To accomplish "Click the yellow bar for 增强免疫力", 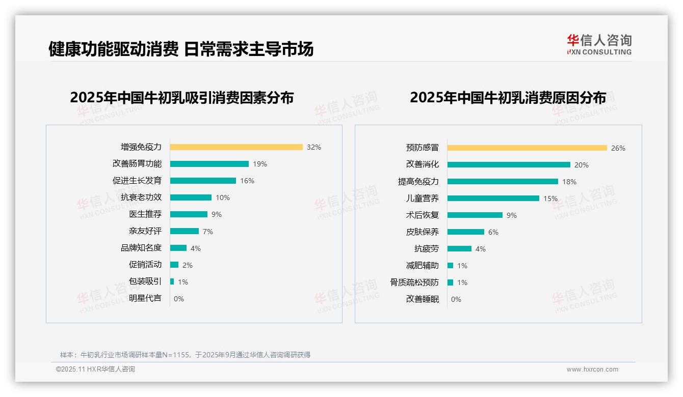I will (236, 147).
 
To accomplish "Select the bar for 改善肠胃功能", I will (209, 164).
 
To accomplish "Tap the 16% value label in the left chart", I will (247, 181).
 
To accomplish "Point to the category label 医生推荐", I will (145, 214).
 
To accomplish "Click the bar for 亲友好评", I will (184, 231).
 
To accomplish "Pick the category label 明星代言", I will (145, 299).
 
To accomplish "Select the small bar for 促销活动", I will (174, 265).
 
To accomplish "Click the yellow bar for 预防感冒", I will (527, 148).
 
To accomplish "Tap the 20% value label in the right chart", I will (581, 165).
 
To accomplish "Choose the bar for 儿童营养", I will (493, 198).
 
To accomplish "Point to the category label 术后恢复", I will (422, 215).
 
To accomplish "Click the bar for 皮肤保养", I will (465, 232).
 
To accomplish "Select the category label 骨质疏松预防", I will (414, 282).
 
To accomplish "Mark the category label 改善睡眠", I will (422, 299).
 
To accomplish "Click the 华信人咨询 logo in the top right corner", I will (599, 44).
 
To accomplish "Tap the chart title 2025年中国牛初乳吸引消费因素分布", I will (181, 98).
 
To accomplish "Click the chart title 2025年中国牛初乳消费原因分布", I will (508, 98).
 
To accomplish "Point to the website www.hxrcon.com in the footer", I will (592, 370).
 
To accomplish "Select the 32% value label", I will (313, 147).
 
